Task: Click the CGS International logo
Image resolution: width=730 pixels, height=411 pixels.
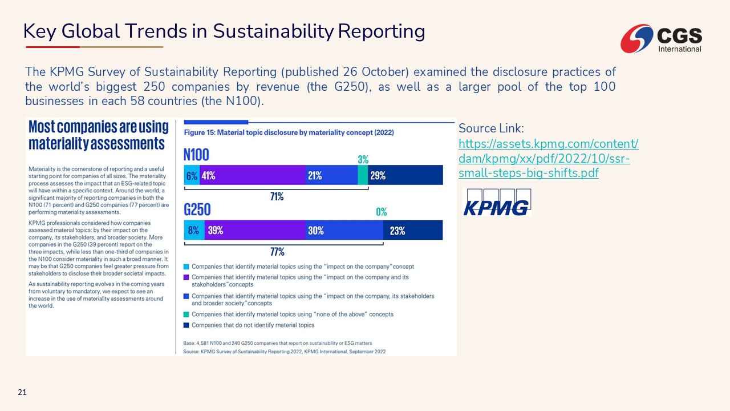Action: click(x=662, y=38)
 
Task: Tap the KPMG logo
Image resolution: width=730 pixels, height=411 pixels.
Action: click(x=496, y=203)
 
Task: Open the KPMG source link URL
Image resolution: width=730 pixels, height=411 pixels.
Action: click(x=548, y=158)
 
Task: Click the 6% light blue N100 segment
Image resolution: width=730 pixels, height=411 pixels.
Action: click(x=192, y=175)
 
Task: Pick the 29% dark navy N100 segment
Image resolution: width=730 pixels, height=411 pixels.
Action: click(x=405, y=175)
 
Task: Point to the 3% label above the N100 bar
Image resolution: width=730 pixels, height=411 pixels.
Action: click(x=363, y=159)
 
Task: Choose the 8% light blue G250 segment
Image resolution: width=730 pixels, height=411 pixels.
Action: click(x=194, y=231)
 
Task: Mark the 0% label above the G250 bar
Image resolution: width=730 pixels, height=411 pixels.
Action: click(x=382, y=212)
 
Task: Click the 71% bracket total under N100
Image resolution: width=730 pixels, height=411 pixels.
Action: click(x=277, y=196)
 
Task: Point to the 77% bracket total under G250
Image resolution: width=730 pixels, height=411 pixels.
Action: click(x=277, y=252)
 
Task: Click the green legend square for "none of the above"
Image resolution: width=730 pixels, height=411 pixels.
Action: click(x=186, y=314)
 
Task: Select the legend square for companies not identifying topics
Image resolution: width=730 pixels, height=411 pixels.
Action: click(x=186, y=325)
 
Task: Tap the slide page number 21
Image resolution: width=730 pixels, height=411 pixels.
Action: click(x=22, y=392)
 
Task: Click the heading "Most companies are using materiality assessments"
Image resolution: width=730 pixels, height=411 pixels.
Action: click(x=99, y=135)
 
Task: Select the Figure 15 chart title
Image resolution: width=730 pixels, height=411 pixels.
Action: click(x=289, y=132)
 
